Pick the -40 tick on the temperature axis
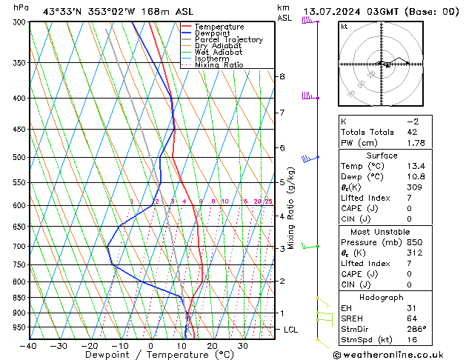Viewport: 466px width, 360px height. pos(29,345)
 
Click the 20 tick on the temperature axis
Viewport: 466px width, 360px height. pos(212,345)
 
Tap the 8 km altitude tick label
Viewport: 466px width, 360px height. pos(282,76)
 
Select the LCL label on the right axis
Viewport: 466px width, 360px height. pos(292,330)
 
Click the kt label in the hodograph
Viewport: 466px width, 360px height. pos(344,26)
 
